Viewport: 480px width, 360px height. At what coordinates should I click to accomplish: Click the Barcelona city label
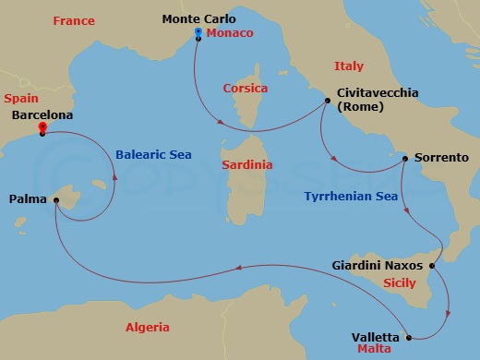[42, 116]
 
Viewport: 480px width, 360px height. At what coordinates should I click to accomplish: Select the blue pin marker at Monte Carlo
[198, 33]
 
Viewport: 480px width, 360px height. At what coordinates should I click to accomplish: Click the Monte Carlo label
[198, 18]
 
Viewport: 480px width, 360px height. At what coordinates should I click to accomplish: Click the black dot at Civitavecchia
[327, 100]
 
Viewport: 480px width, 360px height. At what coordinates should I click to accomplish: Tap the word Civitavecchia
[378, 92]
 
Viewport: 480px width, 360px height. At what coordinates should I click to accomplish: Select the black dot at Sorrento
[405, 159]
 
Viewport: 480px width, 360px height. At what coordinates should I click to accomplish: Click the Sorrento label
[440, 158]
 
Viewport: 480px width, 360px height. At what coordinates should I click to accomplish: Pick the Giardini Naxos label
[377, 265]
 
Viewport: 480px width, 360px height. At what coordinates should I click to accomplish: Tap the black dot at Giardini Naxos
[432, 265]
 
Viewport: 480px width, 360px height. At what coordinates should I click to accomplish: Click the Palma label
[28, 198]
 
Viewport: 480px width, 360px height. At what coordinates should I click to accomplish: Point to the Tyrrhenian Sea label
[350, 196]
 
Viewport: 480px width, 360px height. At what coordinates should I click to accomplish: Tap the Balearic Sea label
[153, 154]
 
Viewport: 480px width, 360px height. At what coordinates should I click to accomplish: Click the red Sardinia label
[247, 164]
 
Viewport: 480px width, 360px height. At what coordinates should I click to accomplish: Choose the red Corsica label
[245, 89]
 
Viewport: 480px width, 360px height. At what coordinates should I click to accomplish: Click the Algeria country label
[147, 327]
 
